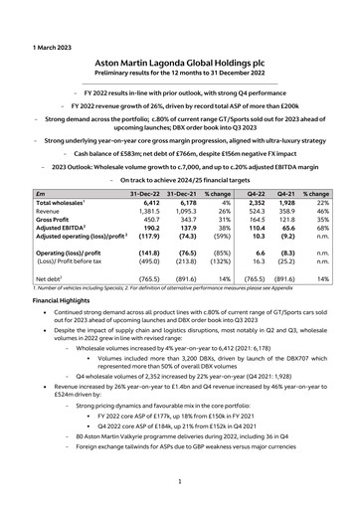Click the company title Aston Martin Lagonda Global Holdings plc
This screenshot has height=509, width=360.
coord(180,60)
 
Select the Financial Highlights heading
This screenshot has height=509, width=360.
coord(73,298)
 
